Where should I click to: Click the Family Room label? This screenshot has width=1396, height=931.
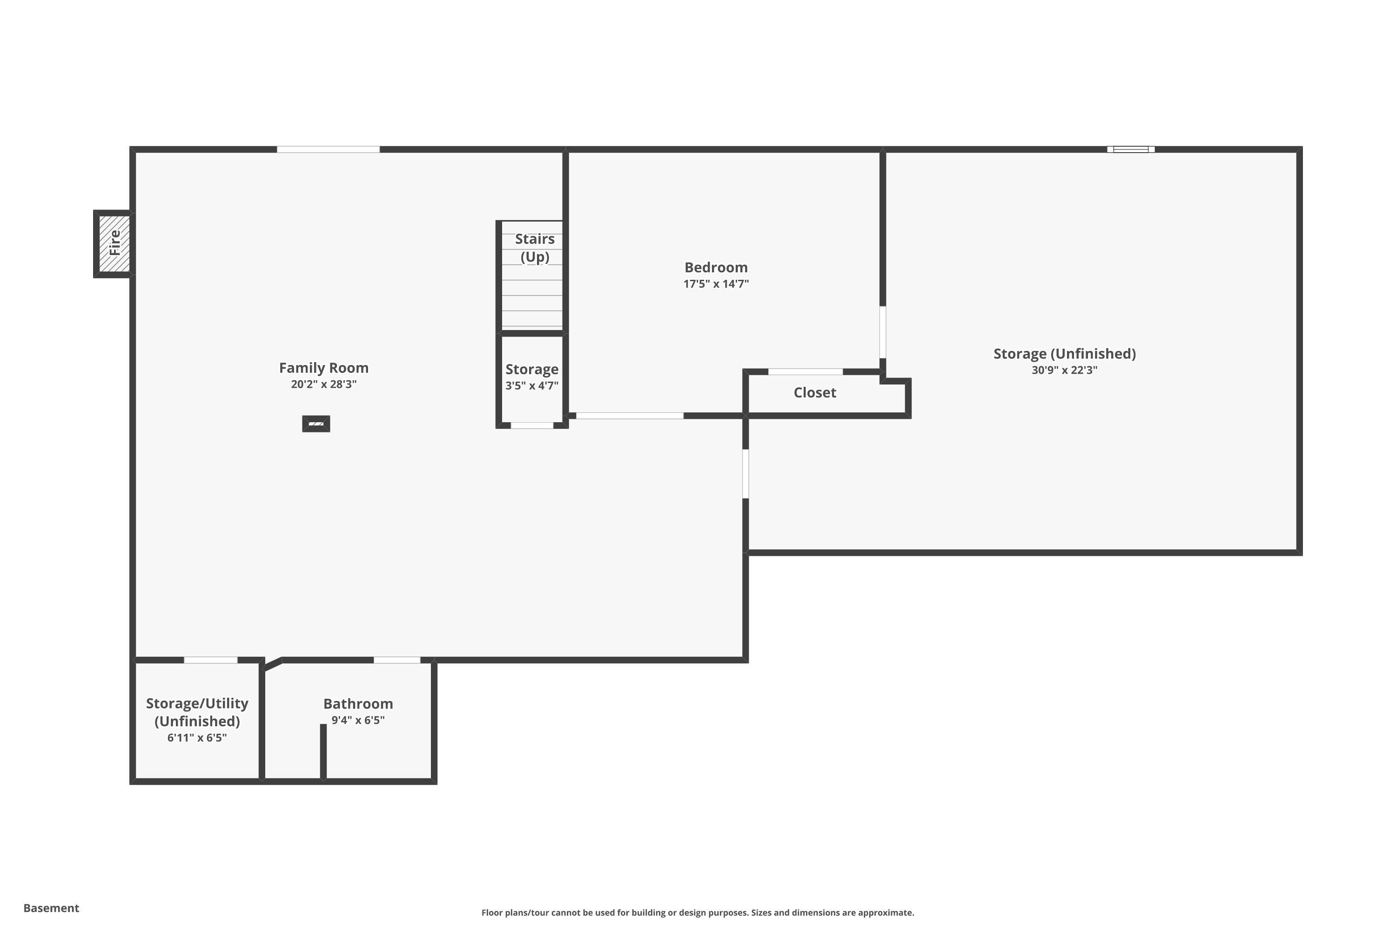pyautogui.click(x=323, y=368)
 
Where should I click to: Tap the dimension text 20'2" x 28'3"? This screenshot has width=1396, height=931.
pyautogui.click(x=323, y=384)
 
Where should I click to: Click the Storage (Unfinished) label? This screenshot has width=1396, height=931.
pyautogui.click(x=1064, y=354)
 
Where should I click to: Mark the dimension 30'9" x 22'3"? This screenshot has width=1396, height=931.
pyautogui.click(x=1064, y=370)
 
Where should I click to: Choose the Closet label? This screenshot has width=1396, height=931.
pyautogui.click(x=814, y=392)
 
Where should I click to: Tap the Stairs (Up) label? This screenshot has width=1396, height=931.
pyautogui.click(x=534, y=248)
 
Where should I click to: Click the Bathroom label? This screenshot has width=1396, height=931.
pyautogui.click(x=358, y=703)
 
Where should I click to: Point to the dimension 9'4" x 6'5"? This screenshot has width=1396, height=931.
pyautogui.click(x=358, y=720)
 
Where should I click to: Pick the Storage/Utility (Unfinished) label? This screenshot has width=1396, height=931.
pyautogui.click(x=197, y=712)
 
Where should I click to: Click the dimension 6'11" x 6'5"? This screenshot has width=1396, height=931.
pyautogui.click(x=197, y=737)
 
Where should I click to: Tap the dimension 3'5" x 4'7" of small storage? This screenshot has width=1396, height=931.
pyautogui.click(x=532, y=386)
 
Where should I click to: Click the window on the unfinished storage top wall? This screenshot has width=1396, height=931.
pyautogui.click(x=1130, y=149)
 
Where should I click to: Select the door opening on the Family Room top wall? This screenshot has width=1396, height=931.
pyautogui.click(x=328, y=149)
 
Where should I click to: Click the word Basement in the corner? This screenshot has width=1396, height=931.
pyautogui.click(x=51, y=908)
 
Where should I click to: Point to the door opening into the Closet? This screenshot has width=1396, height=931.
pyautogui.click(x=805, y=371)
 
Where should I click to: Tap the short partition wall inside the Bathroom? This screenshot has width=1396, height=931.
pyautogui.click(x=323, y=751)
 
